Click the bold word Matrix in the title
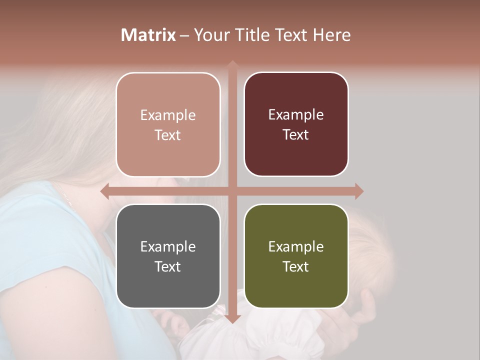coord(148,35)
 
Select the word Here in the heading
coord(331,35)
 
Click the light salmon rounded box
coord(168,124)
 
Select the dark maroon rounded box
coord(296,124)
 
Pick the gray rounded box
coord(168,256)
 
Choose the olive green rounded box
coord(296,256)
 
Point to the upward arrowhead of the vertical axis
coord(232,64)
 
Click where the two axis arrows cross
coord(232,191)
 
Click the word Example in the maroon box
coord(296,114)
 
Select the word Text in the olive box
coord(296,266)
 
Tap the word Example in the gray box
coord(168,246)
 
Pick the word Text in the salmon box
coord(168,135)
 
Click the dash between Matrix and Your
coord(184,35)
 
